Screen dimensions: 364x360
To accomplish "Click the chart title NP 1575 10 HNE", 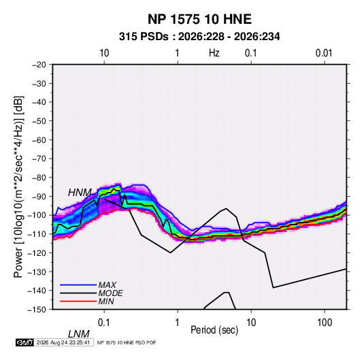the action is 199,19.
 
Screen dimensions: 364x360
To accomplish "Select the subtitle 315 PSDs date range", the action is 199,37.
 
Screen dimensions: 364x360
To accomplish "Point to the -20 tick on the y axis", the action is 39,65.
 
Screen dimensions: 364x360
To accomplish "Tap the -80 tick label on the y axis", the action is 39,178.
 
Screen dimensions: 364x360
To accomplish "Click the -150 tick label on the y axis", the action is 37,310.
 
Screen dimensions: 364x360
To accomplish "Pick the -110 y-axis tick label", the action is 37,234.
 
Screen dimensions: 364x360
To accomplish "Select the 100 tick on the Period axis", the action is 325,323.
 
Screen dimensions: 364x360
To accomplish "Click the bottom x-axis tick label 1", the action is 178,323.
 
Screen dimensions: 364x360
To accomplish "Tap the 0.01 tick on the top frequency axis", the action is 324,53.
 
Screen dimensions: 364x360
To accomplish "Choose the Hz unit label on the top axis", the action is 214,53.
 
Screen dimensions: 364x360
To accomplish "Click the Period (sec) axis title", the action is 214,330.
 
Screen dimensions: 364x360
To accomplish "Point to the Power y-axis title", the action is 18,187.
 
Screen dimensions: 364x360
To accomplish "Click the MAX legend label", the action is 107,284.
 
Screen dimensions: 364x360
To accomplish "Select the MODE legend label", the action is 110,293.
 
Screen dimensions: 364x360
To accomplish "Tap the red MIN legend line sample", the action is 78,301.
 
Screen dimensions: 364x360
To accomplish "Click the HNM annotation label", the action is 80,193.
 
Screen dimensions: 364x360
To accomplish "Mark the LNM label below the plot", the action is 78,334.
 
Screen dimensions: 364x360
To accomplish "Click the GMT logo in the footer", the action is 25,342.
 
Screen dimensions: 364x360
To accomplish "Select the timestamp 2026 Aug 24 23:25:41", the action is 63,342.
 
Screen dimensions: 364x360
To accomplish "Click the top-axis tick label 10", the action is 104,53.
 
